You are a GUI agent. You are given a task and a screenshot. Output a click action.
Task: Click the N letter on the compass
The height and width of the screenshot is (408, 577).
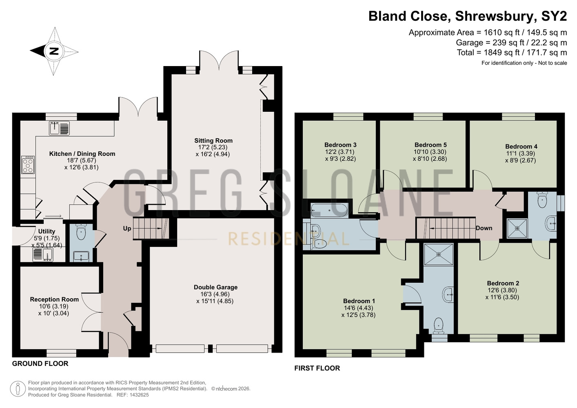click(54, 51)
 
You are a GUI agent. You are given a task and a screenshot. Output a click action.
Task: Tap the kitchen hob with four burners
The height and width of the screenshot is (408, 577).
click(28, 164)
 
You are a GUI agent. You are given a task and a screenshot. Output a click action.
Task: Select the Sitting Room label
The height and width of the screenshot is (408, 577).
click(213, 141)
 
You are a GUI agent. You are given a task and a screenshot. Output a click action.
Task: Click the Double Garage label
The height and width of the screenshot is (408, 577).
click(215, 287)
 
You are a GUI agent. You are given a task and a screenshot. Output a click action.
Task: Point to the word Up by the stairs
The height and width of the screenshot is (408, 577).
click(127, 228)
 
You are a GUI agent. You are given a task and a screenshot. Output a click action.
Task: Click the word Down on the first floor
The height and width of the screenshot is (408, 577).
click(484, 228)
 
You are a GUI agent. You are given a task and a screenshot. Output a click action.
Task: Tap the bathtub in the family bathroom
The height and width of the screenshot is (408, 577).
click(329, 211)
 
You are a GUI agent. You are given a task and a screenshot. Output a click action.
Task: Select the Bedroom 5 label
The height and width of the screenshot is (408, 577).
click(431, 145)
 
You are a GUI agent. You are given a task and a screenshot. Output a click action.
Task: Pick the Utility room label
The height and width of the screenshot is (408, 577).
click(47, 231)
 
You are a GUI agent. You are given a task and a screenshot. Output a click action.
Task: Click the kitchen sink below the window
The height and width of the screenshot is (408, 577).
click(59, 128)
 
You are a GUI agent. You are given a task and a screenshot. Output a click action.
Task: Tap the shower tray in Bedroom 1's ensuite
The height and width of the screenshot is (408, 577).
click(439, 255)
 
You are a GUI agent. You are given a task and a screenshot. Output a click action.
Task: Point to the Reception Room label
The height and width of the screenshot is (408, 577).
click(54, 299)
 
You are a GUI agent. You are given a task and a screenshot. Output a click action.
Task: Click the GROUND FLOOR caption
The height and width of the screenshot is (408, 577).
click(40, 364)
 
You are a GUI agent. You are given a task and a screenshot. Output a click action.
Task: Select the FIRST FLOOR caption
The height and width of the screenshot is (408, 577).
click(317, 368)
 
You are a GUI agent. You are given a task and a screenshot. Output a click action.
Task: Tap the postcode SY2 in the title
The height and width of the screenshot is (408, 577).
click(554, 16)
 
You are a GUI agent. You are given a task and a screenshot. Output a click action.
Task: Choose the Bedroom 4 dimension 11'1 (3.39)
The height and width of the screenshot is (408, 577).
click(520, 153)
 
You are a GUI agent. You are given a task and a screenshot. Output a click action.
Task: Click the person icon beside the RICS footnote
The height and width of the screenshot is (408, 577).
click(18, 389)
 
